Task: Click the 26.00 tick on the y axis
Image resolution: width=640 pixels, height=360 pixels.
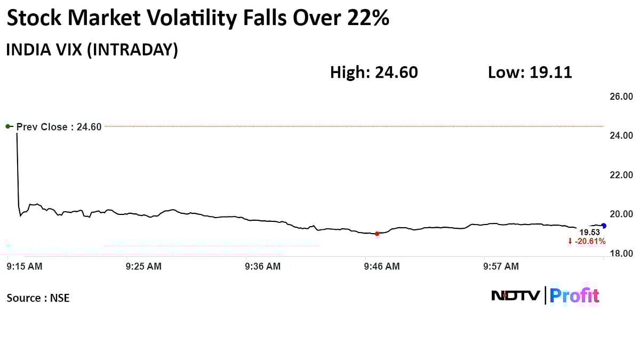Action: [x=621, y=97]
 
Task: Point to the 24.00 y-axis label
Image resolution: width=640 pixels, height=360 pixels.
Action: [x=621, y=135]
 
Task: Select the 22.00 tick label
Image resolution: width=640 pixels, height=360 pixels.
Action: [x=621, y=175]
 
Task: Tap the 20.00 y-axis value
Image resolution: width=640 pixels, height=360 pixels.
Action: [x=621, y=214]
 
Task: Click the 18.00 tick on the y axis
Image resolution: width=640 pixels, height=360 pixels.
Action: [x=621, y=253]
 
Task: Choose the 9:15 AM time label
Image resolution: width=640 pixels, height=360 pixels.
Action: [x=25, y=266]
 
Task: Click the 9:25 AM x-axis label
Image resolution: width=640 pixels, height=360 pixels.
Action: [x=144, y=266]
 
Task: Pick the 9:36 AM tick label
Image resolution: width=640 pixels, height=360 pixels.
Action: [x=263, y=266]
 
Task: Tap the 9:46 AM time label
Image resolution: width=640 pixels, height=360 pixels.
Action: [x=382, y=266]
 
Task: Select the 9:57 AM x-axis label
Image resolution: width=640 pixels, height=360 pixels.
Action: [x=501, y=266]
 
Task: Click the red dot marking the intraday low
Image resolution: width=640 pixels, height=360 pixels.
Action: [x=377, y=234]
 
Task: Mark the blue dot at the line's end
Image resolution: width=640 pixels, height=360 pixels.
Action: [x=603, y=226]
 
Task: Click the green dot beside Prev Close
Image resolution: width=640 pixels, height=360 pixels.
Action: [x=8, y=126]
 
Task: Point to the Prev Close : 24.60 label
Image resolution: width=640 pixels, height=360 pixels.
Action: [x=59, y=127]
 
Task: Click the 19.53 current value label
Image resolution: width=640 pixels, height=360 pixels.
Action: [x=590, y=233]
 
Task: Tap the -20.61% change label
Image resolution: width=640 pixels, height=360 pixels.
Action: [x=587, y=242]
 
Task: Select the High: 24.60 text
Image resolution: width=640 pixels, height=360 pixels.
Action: [x=374, y=73]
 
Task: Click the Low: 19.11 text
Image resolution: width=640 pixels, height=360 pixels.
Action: [x=530, y=73]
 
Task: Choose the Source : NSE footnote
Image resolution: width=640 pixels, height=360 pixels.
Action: [x=38, y=298]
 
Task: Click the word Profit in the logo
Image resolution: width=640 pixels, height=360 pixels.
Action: [x=574, y=295]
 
